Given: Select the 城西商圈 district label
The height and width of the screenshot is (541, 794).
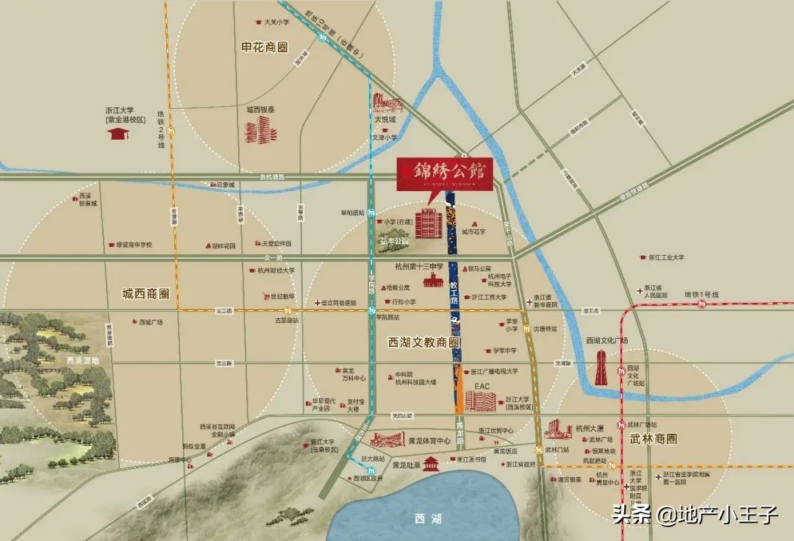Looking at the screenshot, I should tap(146, 294).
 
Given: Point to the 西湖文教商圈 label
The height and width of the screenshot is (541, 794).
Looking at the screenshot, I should tap(423, 343).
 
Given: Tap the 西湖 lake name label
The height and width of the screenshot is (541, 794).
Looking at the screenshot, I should tap(426, 519).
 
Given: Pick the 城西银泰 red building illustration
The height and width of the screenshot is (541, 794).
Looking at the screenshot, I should tap(261, 130).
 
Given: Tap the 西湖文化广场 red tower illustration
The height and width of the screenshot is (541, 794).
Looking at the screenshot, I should tap(601, 367).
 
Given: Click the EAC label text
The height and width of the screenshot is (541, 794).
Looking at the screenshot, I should tap(482, 386).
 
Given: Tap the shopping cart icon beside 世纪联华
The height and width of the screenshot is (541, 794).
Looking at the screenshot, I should tap(265, 296).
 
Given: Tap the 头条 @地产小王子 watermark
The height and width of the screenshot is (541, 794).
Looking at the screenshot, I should tap(695, 514).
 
